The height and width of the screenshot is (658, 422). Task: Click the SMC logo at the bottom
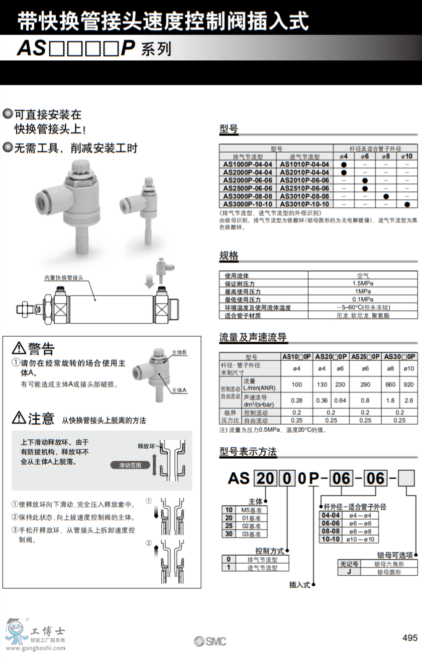tap(210, 641)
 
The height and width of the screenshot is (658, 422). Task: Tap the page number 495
tap(410, 637)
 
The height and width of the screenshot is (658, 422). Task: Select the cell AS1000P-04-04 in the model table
tap(248, 164)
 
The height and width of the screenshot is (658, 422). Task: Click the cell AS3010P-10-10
tap(304, 204)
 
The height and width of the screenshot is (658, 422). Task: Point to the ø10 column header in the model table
tap(407, 156)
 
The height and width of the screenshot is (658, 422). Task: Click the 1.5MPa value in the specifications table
tap(362, 283)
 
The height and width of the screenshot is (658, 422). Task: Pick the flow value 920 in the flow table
tap(408, 384)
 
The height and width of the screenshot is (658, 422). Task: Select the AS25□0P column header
tap(365, 356)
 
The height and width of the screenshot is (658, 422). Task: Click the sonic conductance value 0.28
tap(296, 401)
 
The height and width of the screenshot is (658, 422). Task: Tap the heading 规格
tap(229, 256)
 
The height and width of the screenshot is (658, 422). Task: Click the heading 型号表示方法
tap(248, 452)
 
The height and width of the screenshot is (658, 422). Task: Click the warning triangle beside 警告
tap(19, 348)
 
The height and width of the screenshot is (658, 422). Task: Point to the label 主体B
tap(179, 352)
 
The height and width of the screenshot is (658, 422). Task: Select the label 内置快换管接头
tap(64, 278)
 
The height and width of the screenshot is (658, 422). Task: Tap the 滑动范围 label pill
tap(130, 465)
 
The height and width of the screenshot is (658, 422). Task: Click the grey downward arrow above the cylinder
tap(149, 280)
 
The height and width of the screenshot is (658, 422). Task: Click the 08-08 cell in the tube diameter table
tap(330, 531)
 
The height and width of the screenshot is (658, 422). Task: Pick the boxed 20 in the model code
tap(265, 478)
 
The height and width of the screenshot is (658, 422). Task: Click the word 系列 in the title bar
tap(157, 49)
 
